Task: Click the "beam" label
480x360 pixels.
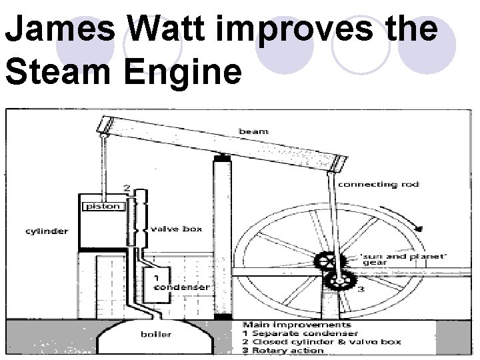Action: click(x=253, y=131)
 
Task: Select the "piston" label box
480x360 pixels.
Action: click(x=102, y=206)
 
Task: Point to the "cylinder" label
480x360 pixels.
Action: click(x=46, y=231)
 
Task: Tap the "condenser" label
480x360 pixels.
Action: click(x=181, y=287)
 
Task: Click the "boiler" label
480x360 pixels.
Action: click(x=156, y=334)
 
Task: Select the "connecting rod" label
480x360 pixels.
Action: click(x=377, y=185)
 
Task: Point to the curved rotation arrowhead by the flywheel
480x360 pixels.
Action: click(x=418, y=229)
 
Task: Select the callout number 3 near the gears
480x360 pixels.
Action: click(x=361, y=290)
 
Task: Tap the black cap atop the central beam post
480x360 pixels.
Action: click(x=221, y=157)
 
